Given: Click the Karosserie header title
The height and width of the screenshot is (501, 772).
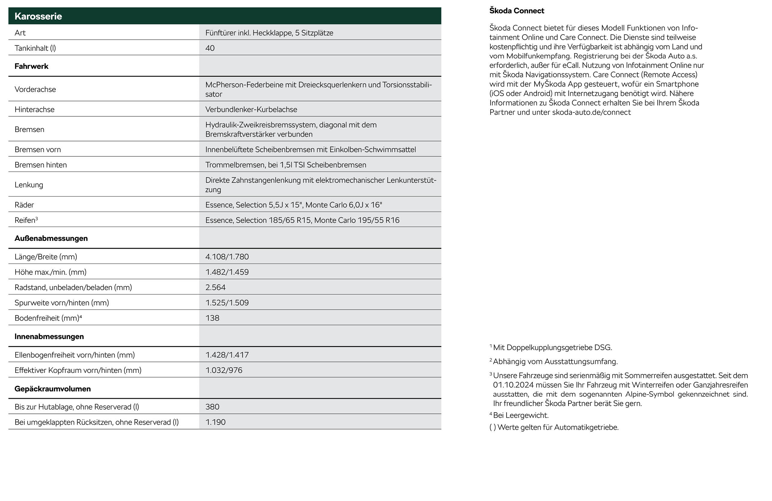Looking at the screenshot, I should click(x=38, y=16).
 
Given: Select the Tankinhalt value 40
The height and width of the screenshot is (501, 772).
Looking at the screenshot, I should click(x=210, y=48).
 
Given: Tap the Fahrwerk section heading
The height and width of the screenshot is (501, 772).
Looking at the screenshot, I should click(x=32, y=66).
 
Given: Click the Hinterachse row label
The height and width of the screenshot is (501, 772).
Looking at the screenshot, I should click(x=34, y=109).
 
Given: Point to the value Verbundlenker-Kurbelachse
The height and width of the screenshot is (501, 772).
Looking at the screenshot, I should click(x=251, y=109).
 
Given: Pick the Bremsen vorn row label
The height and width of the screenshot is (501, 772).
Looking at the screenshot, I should click(x=38, y=149).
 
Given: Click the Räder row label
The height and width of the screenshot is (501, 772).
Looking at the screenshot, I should click(x=24, y=205).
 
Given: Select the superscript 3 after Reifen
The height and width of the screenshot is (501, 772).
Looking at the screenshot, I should click(x=37, y=218).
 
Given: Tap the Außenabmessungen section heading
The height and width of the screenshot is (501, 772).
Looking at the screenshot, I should click(x=51, y=238).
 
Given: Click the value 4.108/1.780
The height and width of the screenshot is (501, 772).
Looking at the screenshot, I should click(x=227, y=257).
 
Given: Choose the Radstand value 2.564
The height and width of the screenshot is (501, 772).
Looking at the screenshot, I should click(x=215, y=287).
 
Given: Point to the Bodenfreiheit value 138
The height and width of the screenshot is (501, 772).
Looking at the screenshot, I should click(x=212, y=318).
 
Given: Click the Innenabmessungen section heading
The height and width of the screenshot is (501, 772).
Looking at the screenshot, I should click(x=49, y=337).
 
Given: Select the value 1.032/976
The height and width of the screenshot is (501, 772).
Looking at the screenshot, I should click(x=224, y=370).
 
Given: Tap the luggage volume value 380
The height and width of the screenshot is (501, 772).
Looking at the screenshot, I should click(x=212, y=407).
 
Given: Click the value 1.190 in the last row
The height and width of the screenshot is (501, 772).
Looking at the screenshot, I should click(x=215, y=422).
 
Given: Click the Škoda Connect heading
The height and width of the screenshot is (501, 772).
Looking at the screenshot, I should click(x=517, y=11).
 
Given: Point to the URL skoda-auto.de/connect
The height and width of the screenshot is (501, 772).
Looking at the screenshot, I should click(x=591, y=112).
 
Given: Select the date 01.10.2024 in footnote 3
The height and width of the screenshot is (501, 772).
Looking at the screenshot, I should click(x=513, y=385).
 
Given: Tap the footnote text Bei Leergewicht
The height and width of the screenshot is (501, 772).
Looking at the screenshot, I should click(x=521, y=415).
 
